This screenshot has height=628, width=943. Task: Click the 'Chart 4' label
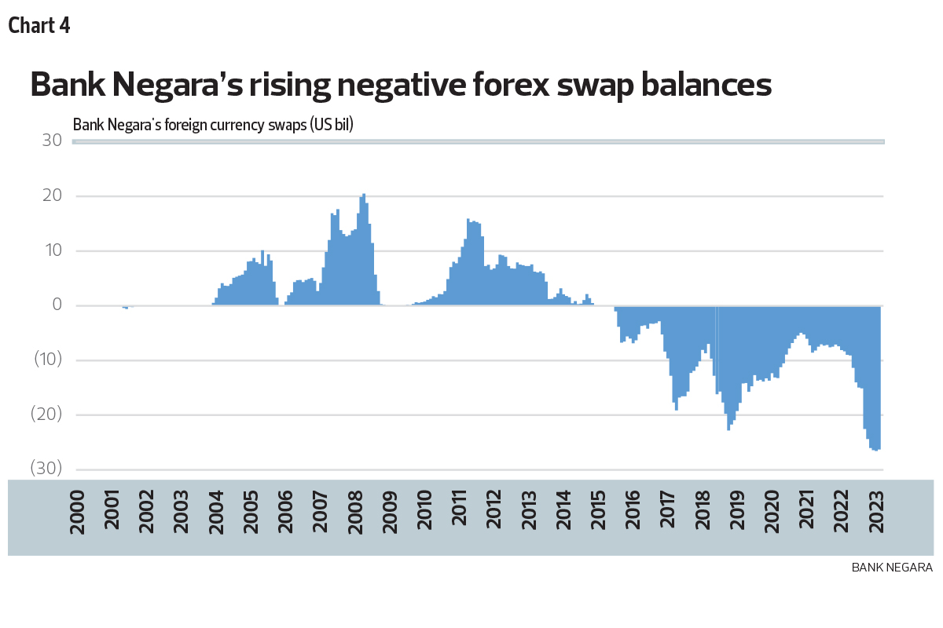(x=39, y=25)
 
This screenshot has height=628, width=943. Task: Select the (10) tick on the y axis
(x=46, y=360)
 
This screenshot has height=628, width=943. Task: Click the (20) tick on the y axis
(x=46, y=415)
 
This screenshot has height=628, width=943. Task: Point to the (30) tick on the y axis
(x=46, y=469)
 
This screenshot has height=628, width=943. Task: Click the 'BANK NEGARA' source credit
(x=892, y=567)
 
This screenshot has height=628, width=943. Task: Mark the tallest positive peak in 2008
(x=364, y=196)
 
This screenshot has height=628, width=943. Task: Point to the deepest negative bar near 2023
(x=875, y=449)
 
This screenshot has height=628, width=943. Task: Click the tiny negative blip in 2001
(x=126, y=308)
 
